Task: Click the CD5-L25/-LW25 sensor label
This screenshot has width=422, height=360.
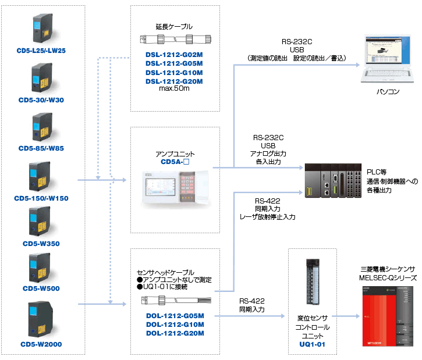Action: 41,51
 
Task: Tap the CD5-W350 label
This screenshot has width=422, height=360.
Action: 41,244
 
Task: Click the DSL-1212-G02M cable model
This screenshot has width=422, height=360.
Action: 174,54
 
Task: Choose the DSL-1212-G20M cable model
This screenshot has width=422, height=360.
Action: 174,81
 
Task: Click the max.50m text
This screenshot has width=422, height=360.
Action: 174,89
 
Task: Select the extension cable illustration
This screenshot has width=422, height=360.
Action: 174,39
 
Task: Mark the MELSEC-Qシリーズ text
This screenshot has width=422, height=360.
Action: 386,279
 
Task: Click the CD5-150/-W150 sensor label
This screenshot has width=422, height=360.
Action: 41,198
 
